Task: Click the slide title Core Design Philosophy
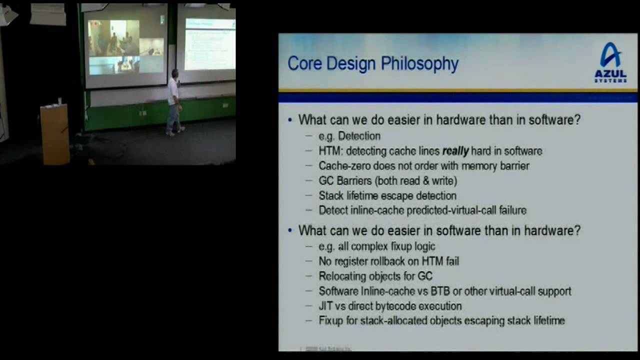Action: [372, 64]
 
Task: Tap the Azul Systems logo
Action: [610, 62]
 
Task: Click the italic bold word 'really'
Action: [455, 151]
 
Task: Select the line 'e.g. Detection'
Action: [349, 136]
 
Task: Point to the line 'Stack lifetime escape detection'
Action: [387, 195]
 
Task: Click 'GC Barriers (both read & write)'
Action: [387, 180]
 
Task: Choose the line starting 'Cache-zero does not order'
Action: [423, 165]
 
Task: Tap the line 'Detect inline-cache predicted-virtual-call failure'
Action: [422, 210]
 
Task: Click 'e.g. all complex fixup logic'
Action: [376, 246]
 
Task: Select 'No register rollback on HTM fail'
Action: [388, 261]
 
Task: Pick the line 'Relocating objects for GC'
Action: [375, 276]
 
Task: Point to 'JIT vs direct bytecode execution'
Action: [390, 306]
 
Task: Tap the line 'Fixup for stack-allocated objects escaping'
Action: [441, 321]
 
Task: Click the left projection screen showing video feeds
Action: [125, 46]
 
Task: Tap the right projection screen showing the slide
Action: [209, 44]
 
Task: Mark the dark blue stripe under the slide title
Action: [457, 97]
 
